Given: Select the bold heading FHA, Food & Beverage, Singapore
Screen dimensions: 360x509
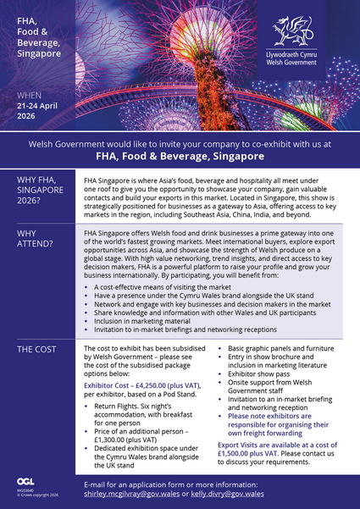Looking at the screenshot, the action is [x=180, y=157].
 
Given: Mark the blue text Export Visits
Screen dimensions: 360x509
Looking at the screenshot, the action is [x=240, y=445].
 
